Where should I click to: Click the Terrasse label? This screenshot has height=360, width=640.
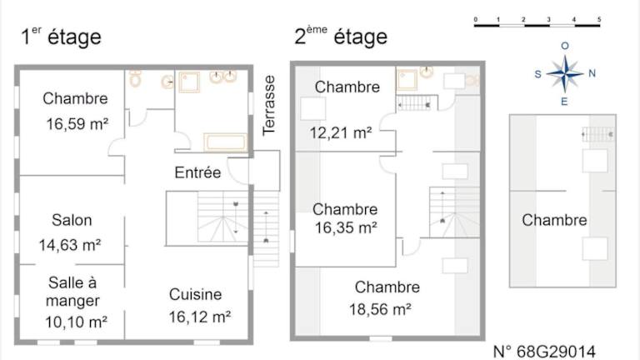268,105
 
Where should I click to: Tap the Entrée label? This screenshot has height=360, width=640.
197,172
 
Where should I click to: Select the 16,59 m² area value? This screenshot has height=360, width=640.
77,123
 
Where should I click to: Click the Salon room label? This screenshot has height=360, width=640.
72,220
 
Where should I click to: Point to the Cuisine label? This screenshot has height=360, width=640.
196,294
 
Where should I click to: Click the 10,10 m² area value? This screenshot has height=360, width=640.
76,322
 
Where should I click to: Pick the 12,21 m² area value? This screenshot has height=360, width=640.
340,132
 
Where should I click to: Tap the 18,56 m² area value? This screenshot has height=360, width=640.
380,309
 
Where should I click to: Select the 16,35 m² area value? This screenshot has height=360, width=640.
346,227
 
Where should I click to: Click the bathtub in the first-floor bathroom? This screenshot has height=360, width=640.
225,142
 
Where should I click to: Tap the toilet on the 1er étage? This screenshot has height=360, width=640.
135,78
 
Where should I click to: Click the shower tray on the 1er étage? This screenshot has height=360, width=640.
189,82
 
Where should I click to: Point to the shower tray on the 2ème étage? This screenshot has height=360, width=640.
407,80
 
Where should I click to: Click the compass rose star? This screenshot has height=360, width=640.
564,74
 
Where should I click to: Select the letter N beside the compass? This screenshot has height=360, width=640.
592,73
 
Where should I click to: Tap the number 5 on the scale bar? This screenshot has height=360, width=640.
599,19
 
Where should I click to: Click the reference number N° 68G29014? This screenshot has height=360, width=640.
544,352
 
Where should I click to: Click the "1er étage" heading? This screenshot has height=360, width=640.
61,37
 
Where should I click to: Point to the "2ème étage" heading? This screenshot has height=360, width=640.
341,36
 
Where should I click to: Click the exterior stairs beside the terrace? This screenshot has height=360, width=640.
266,228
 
